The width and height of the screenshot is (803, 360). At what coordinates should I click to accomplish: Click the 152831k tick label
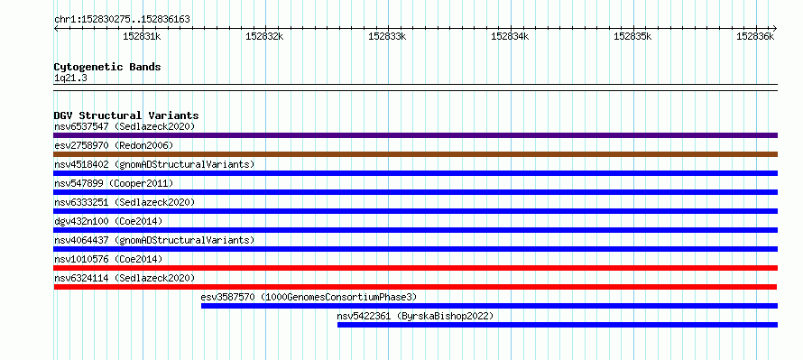pos(142,36)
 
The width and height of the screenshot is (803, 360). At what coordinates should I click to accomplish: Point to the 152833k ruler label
pos(387,36)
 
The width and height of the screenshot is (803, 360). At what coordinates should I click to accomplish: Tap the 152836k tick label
pos(755,36)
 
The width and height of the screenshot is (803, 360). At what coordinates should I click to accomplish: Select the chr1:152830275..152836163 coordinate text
pos(122,20)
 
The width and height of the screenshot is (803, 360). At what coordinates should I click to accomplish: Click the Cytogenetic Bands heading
pos(107,67)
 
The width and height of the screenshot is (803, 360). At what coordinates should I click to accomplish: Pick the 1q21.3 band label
pos(67,78)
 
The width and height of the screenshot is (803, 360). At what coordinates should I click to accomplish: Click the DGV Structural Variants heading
pos(126,115)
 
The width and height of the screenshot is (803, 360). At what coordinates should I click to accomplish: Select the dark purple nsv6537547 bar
pos(415,135)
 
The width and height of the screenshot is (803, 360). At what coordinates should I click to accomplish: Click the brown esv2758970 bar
pos(415,154)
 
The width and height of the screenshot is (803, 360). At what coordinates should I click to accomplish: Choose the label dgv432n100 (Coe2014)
pos(108,221)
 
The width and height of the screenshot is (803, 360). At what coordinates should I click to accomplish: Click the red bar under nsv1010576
pos(415,268)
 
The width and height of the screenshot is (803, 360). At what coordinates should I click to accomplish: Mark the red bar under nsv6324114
pos(415,287)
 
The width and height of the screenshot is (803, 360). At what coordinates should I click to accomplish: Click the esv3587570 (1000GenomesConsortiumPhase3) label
pos(309,297)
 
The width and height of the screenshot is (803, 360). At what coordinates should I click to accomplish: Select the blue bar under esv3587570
pos(489,306)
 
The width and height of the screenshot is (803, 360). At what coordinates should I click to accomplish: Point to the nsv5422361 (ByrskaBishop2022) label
pos(415,316)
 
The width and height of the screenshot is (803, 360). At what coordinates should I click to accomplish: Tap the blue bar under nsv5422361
pos(558,325)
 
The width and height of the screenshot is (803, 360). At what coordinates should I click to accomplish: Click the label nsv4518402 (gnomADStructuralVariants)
pos(154,164)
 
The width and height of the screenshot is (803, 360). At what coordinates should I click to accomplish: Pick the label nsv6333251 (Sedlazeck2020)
pos(125,202)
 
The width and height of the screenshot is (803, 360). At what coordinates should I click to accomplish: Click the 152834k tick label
pos(510,36)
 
